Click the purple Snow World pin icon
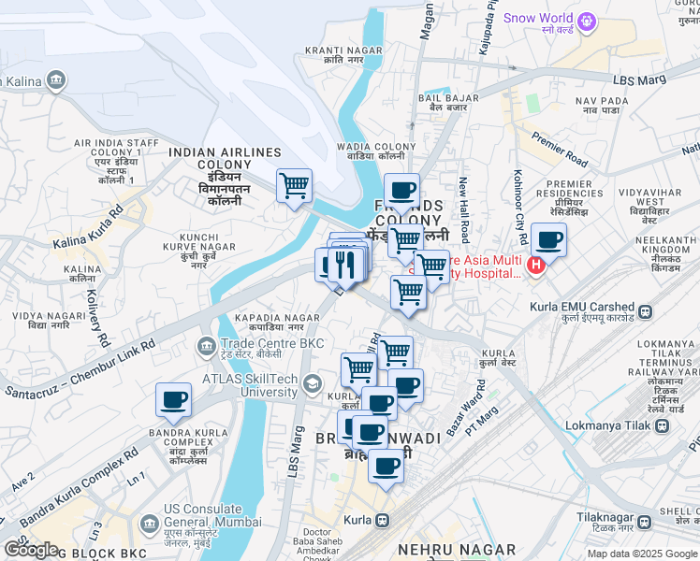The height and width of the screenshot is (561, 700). [x=587, y=18]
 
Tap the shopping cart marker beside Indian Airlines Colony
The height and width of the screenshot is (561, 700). [x=294, y=185]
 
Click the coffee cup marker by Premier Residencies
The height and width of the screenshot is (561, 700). [x=549, y=239]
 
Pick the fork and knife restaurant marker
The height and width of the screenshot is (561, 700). [x=344, y=265]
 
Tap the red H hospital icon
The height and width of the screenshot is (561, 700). [x=535, y=266]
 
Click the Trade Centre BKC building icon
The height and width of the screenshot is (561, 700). [x=206, y=346]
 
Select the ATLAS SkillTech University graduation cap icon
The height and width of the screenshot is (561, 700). [x=312, y=382]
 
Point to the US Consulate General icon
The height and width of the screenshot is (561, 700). [x=147, y=522]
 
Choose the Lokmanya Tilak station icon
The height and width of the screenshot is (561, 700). [x=663, y=425]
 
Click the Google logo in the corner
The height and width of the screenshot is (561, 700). [x=30, y=549]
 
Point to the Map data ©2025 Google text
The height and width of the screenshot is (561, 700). [x=642, y=553]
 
